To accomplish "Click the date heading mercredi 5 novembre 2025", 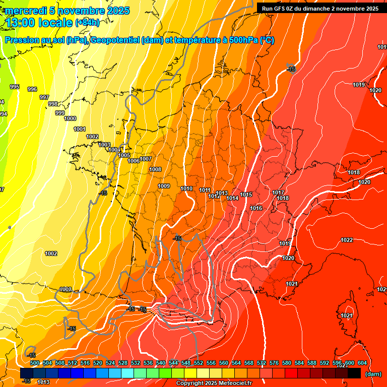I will click(67, 11).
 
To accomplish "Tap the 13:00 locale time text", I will click(38, 23).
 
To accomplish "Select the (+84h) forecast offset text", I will click(87, 23).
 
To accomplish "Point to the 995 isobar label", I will click(15, 87).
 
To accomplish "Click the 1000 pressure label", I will click(70, 118).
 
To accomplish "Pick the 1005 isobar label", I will click(124, 155).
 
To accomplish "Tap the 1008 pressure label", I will click(155, 169).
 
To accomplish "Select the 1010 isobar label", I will click(186, 188).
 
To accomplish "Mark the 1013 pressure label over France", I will click(222, 193).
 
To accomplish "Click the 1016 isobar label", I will click(256, 208).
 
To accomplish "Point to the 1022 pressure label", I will click(347, 240).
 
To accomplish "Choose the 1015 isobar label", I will click(246, 195).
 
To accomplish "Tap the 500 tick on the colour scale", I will click(35, 363).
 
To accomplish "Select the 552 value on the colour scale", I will click(199, 363).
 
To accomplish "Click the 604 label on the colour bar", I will click(362, 363).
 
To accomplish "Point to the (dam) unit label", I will click(372, 374).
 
